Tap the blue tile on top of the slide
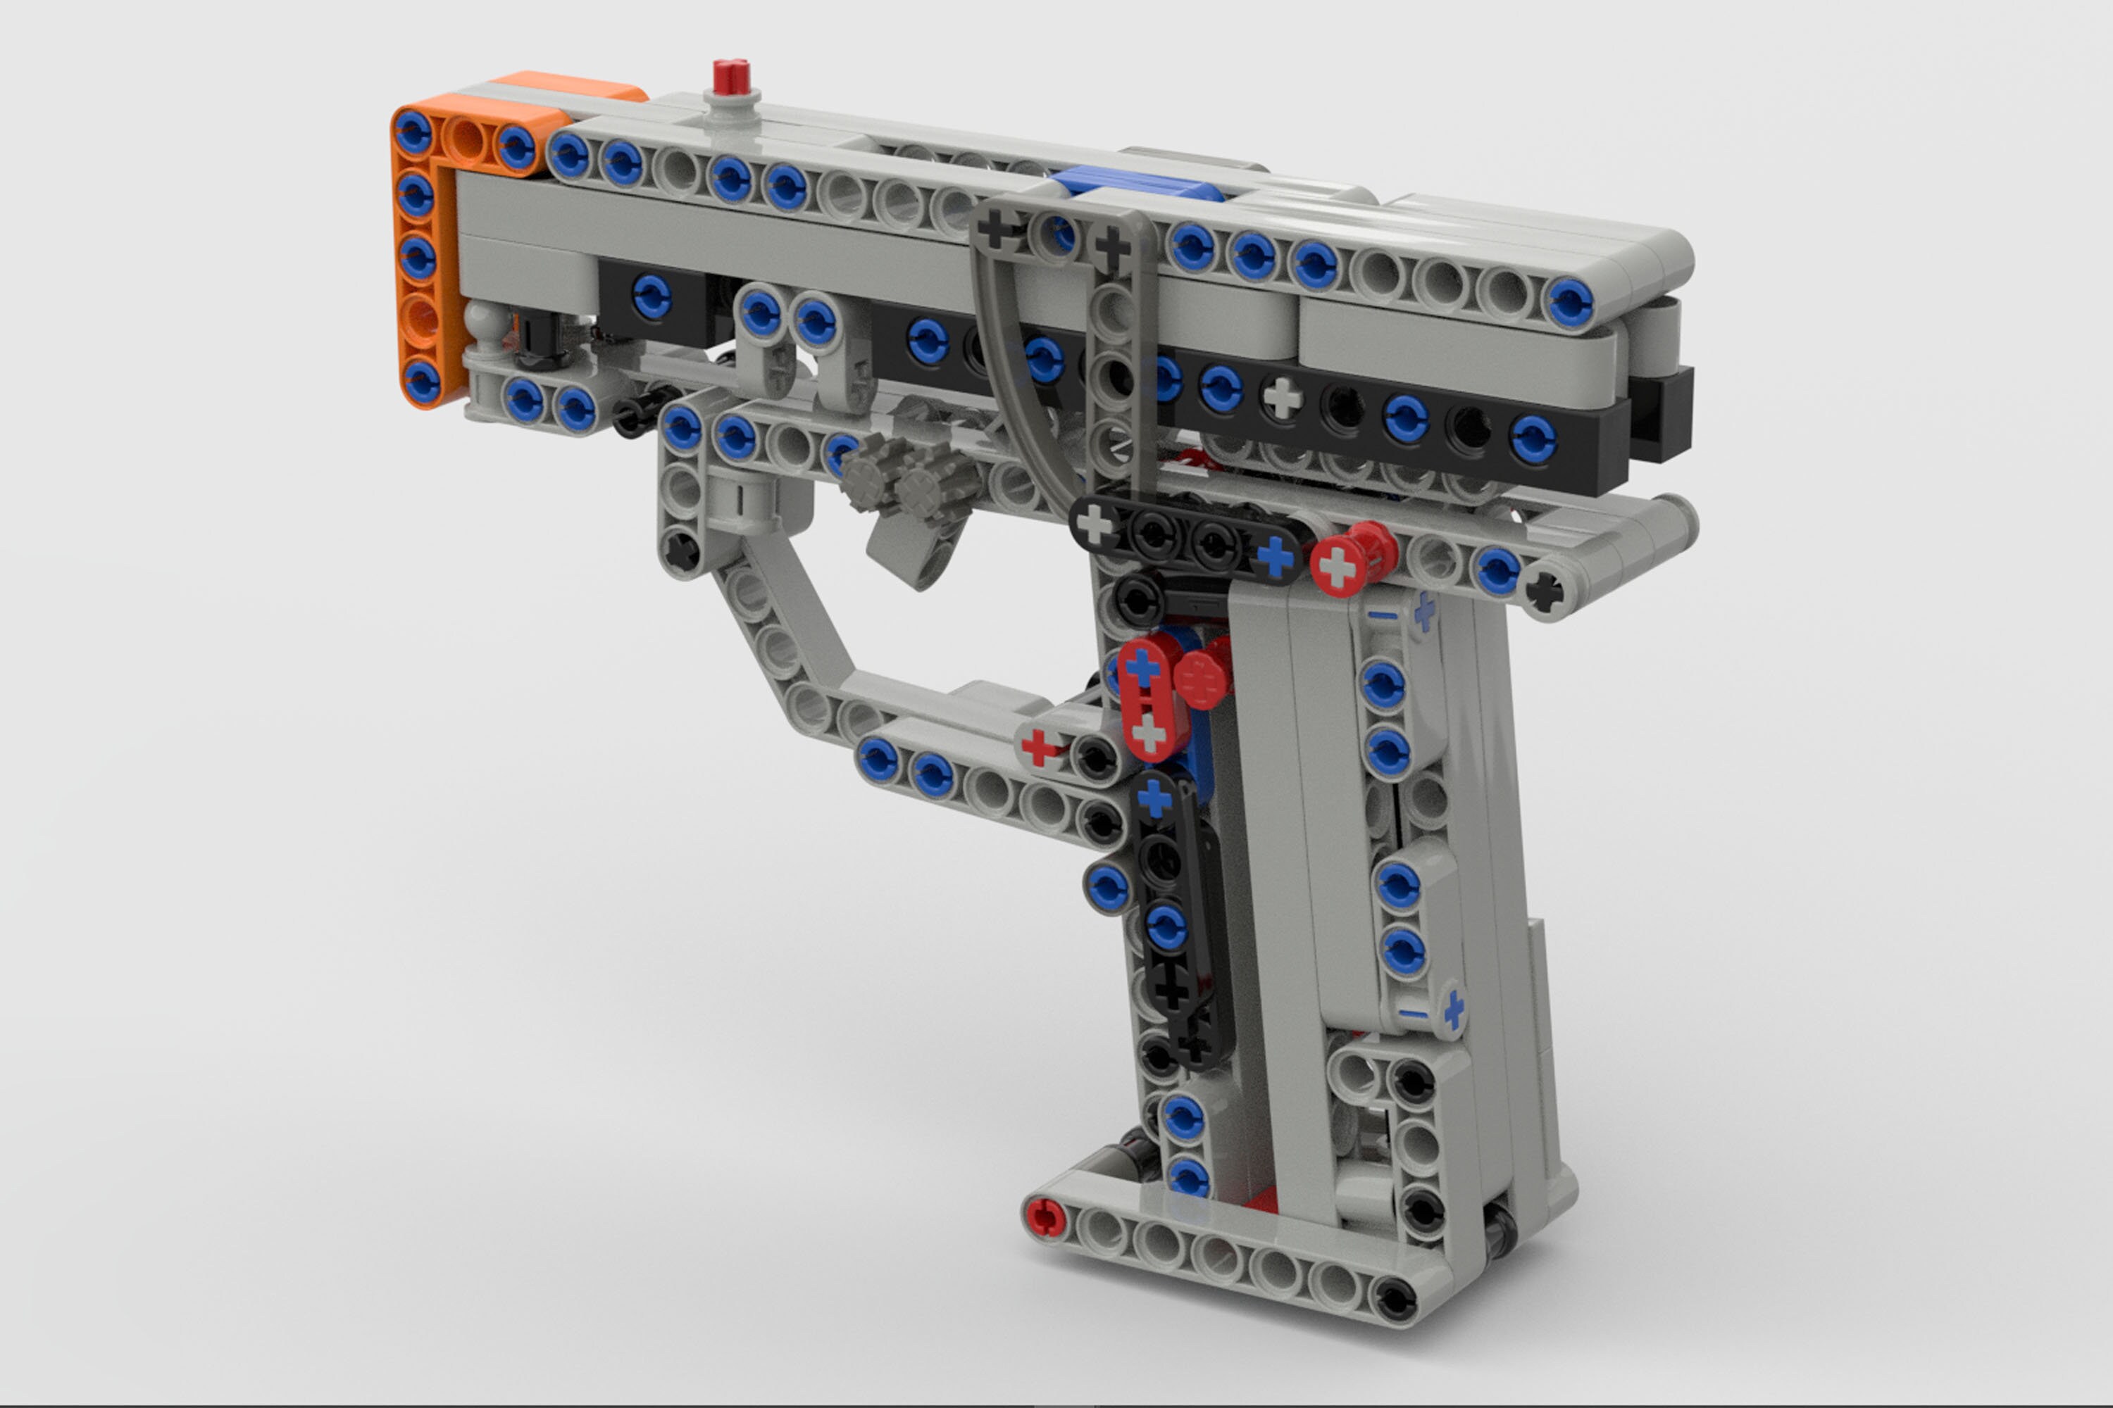[x=1137, y=185]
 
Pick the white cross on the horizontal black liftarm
[x=1095, y=524]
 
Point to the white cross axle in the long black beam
[x=1282, y=396]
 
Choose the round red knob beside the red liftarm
[x=1202, y=678]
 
